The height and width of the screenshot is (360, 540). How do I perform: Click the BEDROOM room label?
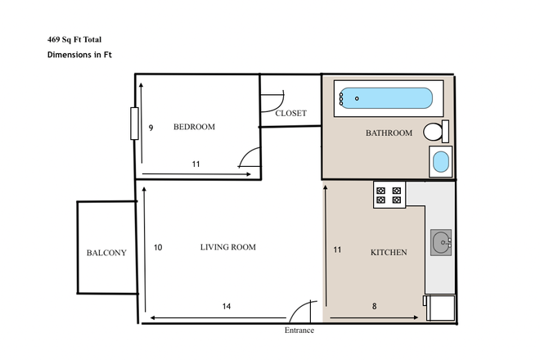[194, 127]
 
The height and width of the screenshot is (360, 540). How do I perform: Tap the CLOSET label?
[290, 114]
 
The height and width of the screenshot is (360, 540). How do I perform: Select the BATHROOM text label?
[389, 133]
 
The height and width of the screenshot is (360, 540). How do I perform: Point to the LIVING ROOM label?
[228, 247]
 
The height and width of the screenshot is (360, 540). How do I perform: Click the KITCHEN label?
[389, 253]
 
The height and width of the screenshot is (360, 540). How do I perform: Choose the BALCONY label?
[106, 253]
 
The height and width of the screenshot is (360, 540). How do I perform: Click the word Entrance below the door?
[299, 331]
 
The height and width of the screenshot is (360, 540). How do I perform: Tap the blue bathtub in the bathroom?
[385, 99]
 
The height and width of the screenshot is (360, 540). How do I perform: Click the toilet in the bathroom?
[434, 131]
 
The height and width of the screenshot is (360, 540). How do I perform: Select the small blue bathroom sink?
[441, 161]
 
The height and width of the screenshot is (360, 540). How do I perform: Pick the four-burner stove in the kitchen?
[389, 195]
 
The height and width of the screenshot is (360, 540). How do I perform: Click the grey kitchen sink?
[442, 242]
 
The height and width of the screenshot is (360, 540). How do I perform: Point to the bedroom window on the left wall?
[134, 124]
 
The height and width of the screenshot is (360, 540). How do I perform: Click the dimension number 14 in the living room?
[227, 306]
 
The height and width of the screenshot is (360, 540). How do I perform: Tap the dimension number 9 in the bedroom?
[151, 128]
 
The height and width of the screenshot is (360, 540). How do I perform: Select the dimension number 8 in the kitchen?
[375, 306]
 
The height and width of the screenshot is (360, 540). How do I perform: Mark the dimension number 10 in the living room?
[158, 247]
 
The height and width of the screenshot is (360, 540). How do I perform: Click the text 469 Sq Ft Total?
[74, 39]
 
